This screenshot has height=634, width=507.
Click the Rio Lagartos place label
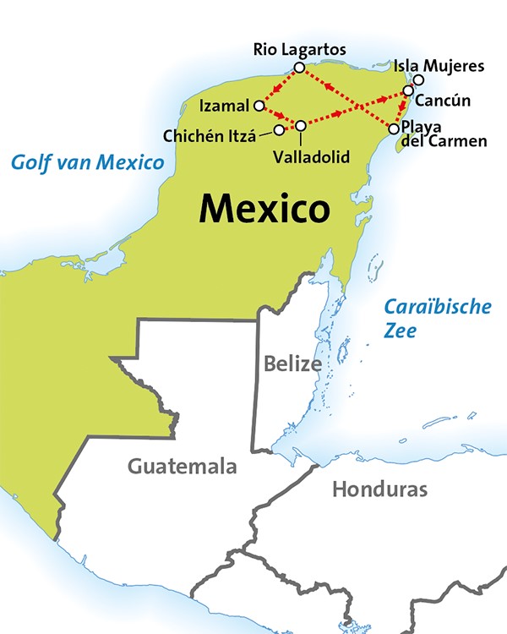point(299,50)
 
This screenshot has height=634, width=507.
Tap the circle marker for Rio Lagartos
point(299,68)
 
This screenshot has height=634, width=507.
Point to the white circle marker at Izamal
point(259,107)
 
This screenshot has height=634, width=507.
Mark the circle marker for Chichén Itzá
point(279,131)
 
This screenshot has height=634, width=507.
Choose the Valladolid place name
point(311,156)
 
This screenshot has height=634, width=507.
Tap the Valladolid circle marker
point(300,125)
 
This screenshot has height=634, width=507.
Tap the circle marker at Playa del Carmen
point(394,128)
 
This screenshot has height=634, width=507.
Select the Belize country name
point(292,364)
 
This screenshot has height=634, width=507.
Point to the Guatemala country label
point(182,466)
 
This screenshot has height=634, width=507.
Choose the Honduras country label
point(379,489)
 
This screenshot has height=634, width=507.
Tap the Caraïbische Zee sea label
point(435,318)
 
